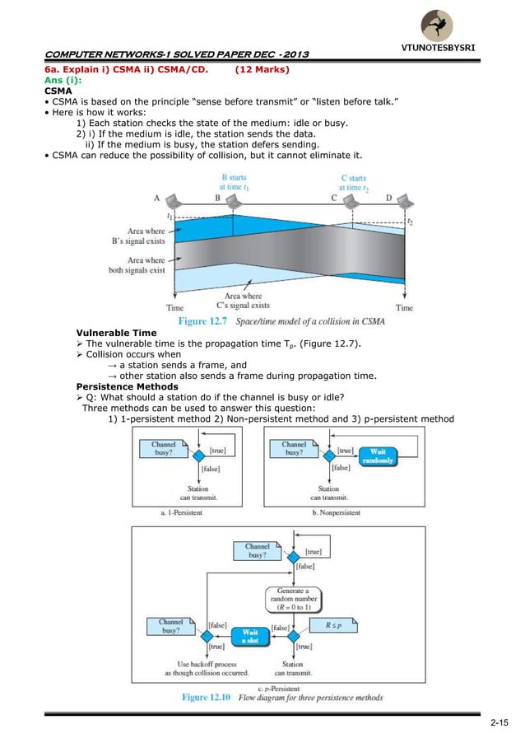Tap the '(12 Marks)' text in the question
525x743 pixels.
pyautogui.click(x=262, y=70)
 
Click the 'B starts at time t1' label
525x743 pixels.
pyautogui.click(x=234, y=182)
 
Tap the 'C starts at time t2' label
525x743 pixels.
pyautogui.click(x=354, y=182)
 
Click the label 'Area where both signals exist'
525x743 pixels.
pyautogui.click(x=137, y=265)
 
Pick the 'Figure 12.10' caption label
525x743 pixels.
pyautogui.click(x=207, y=698)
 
